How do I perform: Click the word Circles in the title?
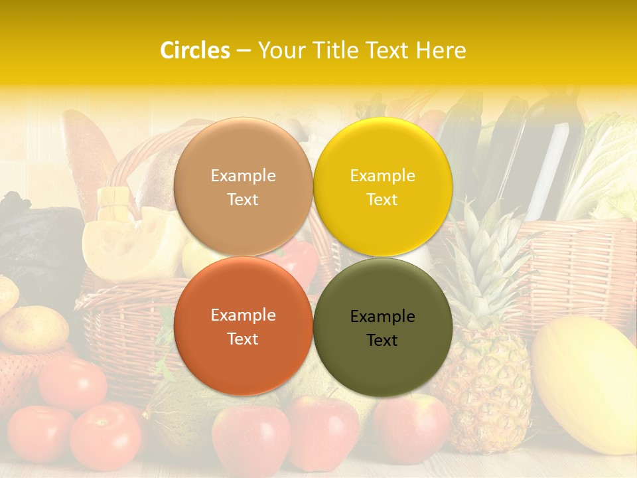click(194, 50)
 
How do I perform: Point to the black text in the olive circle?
click(382, 328)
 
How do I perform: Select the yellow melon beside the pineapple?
click(587, 378)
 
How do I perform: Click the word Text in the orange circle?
click(243, 339)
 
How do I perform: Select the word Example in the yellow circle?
click(382, 176)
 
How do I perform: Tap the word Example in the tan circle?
click(243, 176)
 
